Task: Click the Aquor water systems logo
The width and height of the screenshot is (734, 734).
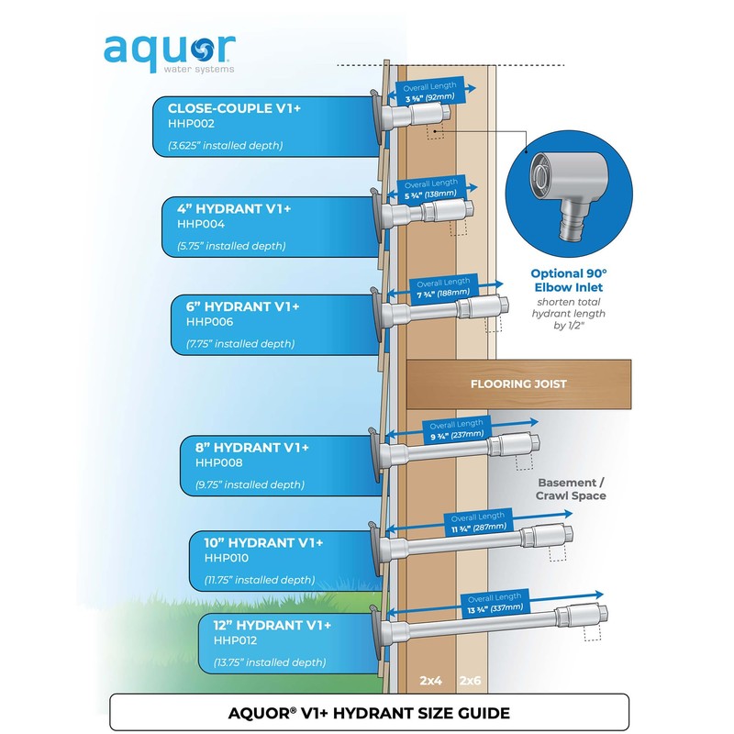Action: coord(169,53)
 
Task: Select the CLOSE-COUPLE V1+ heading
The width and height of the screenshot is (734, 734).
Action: coord(234,108)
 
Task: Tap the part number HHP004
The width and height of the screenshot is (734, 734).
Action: coord(201,224)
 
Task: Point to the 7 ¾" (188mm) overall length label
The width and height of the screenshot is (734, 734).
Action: coord(443,294)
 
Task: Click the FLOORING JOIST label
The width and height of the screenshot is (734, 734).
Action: coord(518,384)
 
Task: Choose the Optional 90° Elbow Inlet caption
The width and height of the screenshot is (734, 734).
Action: coord(569,281)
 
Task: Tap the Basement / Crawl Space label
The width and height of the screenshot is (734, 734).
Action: coord(571,489)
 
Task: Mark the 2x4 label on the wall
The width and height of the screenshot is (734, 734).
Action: coord(430,681)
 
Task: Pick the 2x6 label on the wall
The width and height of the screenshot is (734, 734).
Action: coord(470,681)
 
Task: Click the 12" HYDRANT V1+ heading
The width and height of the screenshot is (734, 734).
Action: coord(272,626)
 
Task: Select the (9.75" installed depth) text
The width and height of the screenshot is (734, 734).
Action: coord(250,484)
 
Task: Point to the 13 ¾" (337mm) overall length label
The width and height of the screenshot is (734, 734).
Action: coord(495,608)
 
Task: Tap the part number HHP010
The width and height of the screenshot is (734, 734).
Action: coord(226,558)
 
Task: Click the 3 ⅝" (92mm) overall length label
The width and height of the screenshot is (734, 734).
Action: coord(429,97)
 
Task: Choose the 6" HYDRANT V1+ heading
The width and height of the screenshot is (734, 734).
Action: coord(242,306)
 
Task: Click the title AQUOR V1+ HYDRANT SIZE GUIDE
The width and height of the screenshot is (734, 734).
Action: coord(369,713)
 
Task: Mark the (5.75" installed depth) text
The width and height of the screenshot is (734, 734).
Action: coord(231,246)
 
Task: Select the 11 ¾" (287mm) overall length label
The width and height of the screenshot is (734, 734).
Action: coord(478,528)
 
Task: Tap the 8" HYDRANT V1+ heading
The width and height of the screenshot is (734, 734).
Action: coord(251,448)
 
